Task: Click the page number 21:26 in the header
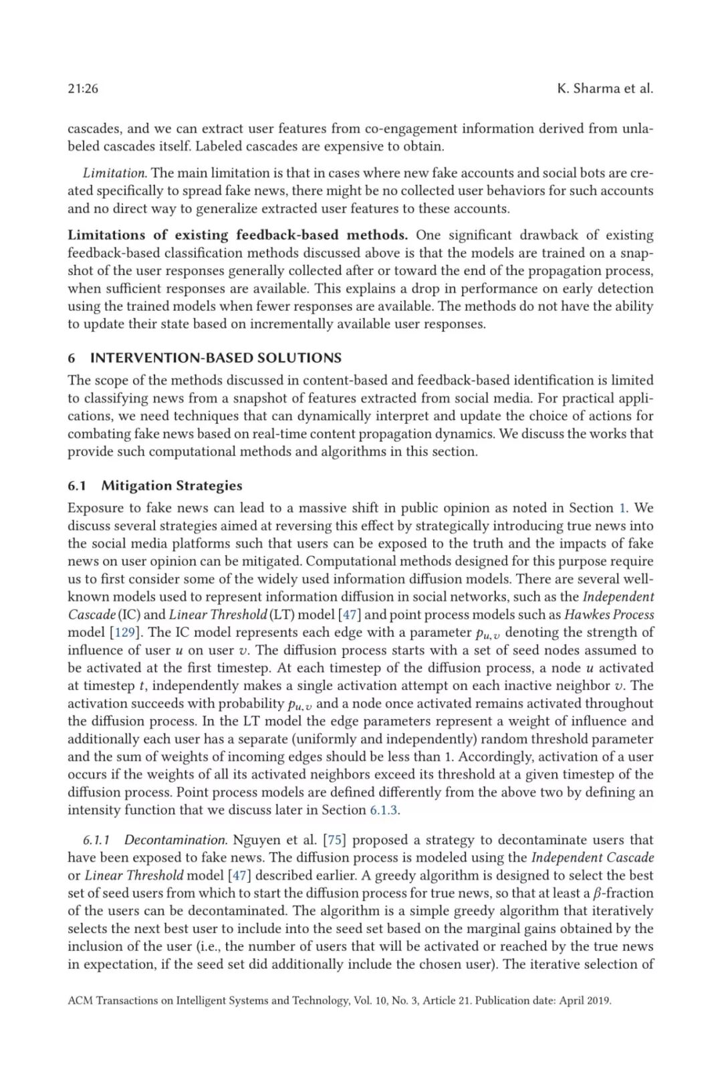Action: click(83, 88)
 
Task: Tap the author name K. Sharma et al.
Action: click(604, 88)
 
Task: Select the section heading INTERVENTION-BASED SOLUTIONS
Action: click(216, 357)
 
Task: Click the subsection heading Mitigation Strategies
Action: click(172, 486)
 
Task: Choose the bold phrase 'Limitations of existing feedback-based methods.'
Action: click(237, 235)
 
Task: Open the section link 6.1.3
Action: click(384, 810)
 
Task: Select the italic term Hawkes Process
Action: click(609, 614)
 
